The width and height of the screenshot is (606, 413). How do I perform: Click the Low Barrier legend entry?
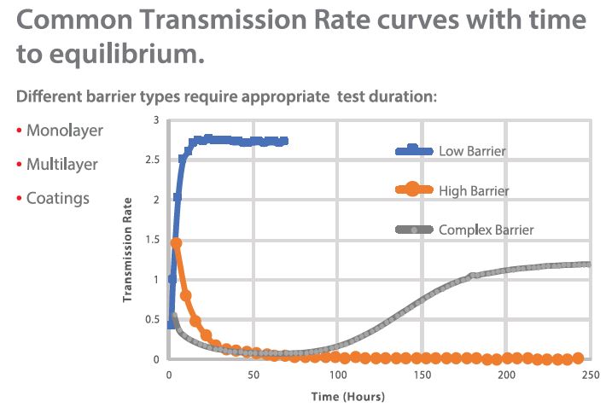click(x=472, y=151)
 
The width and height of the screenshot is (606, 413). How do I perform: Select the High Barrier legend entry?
click(x=473, y=190)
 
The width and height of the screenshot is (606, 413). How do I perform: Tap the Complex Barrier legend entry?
click(x=486, y=230)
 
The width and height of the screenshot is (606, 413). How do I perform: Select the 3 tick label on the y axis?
click(x=155, y=120)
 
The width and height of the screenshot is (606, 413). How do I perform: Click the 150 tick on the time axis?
click(x=421, y=375)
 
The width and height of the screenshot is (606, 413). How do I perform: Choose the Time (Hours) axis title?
click(x=347, y=396)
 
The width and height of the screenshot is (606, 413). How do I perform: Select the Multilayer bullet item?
click(x=61, y=165)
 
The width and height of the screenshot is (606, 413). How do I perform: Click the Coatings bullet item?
click(x=57, y=198)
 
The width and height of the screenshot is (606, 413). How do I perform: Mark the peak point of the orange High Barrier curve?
click(x=177, y=242)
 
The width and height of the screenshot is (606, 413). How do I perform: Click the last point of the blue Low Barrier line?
click(x=284, y=141)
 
